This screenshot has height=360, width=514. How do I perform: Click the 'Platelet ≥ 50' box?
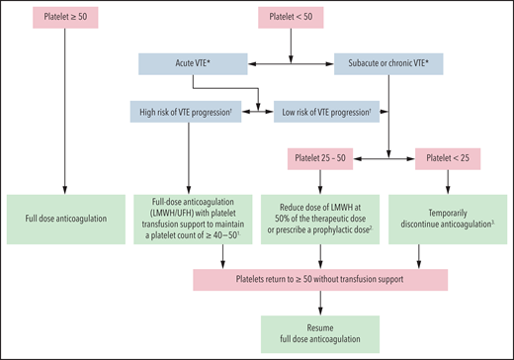(64, 19)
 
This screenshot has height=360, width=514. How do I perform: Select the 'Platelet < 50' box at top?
(296, 19)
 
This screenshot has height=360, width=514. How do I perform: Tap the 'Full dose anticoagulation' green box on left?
(64, 218)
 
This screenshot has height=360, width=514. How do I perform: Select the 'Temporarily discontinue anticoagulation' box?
(437, 218)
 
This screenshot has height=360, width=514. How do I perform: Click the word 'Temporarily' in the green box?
(437, 211)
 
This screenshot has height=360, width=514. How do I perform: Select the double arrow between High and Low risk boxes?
(258, 112)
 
